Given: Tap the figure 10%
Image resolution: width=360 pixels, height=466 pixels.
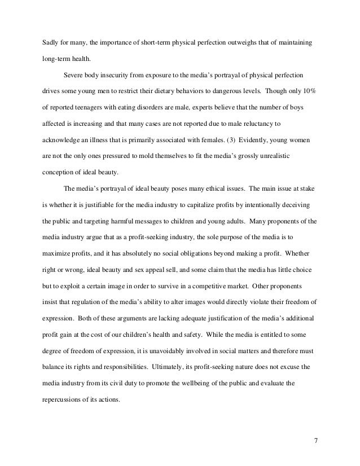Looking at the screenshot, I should point(309,91).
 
